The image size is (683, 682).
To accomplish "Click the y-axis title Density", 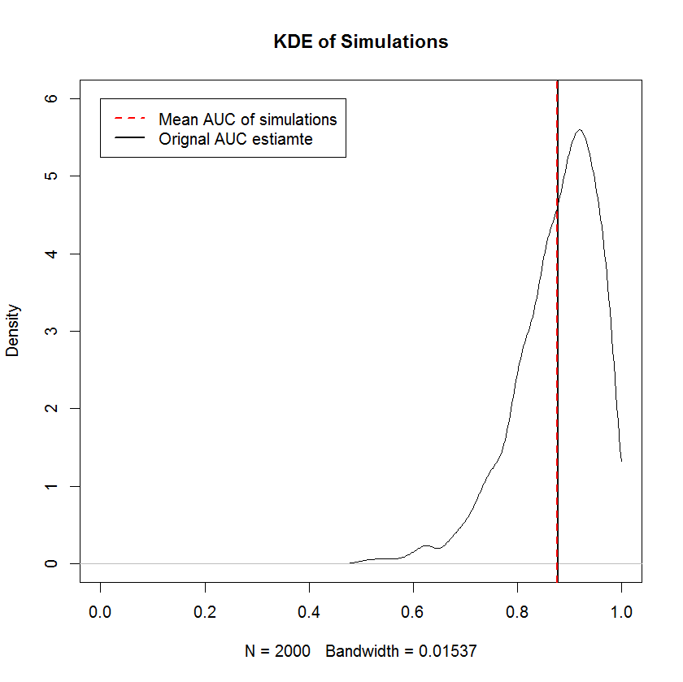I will coord(13,330).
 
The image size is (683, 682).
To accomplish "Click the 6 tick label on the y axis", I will coord(52,98).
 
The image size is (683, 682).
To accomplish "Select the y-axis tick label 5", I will coord(52,176).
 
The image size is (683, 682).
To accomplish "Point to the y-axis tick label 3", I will coord(52,332).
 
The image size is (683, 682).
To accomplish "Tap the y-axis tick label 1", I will coord(52,486).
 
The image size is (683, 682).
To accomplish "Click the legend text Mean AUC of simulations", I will coord(247,119).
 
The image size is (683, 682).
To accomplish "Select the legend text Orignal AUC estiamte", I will coord(236,139).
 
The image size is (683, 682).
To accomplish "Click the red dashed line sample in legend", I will coord(128,119).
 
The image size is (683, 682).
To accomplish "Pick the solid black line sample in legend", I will coord(128,139).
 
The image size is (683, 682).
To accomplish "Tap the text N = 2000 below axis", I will coord(277,651).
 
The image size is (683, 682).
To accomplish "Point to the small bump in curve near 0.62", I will coord(426,545).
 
